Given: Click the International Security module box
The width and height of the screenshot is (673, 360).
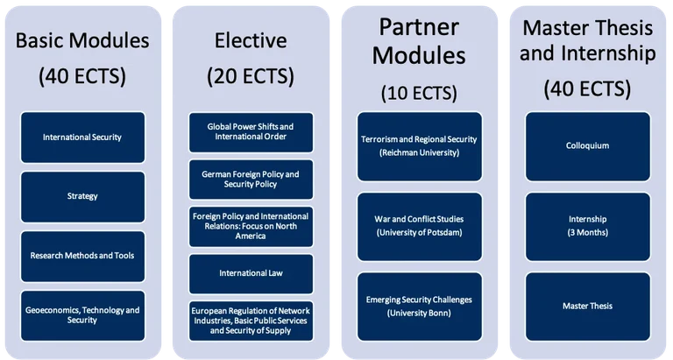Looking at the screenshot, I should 82,137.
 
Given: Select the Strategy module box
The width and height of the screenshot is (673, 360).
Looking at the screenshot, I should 82,196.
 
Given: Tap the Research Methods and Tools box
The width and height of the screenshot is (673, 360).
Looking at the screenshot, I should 82,256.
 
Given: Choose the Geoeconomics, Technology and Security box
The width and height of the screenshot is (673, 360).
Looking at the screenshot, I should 82,315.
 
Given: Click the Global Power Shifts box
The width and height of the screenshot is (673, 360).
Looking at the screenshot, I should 251,131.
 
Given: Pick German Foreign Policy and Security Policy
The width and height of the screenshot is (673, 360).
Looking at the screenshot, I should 251,180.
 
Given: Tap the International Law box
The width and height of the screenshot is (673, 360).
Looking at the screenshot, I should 251,273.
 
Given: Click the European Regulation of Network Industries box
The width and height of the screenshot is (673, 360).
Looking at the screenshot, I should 251,321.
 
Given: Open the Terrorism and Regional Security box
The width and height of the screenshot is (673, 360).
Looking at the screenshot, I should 420,145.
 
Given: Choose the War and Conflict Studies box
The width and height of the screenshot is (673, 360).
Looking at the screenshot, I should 420,225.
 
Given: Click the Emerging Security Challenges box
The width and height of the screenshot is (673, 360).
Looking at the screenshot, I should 420,305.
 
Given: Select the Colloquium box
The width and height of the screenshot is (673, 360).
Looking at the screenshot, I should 587,145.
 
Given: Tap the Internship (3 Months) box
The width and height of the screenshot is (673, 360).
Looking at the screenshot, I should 587,225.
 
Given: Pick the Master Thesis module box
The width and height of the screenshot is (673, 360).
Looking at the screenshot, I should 587,305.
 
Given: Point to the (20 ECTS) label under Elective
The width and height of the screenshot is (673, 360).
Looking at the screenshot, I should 251,77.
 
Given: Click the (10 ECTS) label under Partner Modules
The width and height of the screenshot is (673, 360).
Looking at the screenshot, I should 419,92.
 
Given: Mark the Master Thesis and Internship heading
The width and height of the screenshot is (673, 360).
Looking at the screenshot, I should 587,41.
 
